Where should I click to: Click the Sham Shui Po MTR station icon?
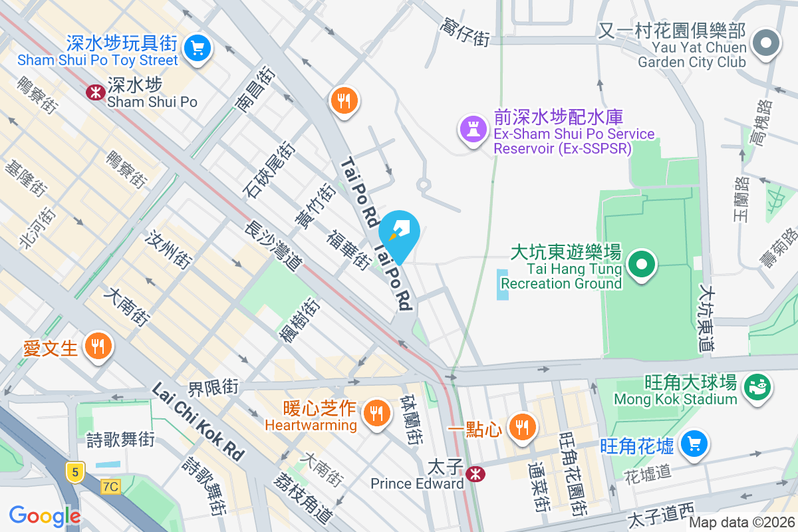click(96, 92)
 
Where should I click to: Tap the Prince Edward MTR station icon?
click(475, 473)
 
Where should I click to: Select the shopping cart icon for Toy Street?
click(197, 47)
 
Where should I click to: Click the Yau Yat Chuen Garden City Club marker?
click(766, 44)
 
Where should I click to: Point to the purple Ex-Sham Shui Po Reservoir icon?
click(472, 128)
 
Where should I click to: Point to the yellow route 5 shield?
click(76, 471)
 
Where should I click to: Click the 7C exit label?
click(110, 486)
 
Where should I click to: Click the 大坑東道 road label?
click(706, 319)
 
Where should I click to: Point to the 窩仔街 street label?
click(464, 33)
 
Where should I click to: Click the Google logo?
click(45, 515)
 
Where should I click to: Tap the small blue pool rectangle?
click(503, 284)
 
